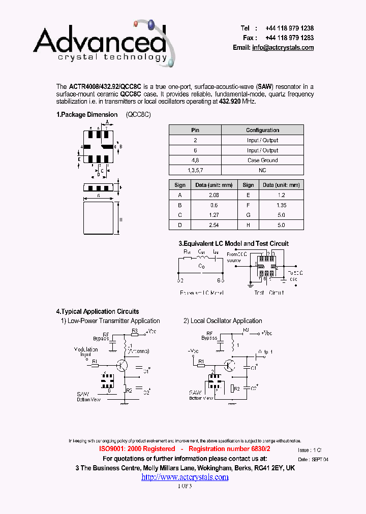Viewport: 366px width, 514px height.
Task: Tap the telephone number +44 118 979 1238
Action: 289,28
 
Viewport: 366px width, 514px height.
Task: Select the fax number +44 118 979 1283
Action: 289,38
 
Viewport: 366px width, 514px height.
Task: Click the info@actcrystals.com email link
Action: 283,48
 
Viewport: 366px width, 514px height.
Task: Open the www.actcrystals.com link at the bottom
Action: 185,477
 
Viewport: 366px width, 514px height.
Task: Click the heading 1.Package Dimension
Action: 87,115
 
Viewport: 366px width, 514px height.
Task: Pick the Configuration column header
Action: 262,130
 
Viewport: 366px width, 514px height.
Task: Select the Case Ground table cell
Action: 262,160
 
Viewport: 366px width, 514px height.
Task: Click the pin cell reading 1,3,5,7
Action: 195,170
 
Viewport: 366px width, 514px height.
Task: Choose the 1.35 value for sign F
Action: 281,205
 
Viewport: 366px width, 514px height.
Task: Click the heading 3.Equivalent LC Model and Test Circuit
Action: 233,244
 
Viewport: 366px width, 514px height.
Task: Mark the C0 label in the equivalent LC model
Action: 201,266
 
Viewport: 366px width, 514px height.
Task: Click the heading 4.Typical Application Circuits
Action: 98,312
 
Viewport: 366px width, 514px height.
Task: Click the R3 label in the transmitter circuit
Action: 135,330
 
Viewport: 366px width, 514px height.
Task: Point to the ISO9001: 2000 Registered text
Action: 136,449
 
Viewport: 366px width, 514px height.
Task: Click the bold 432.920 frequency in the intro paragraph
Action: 230,101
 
